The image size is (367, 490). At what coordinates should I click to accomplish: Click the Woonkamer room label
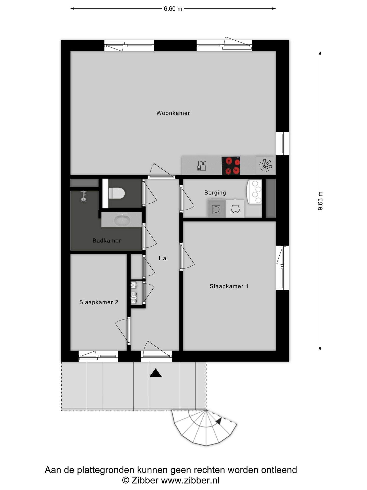pos(173,113)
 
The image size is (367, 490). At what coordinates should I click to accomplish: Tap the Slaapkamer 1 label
pos(229,286)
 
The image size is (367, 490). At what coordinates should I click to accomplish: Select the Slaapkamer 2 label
pos(99,302)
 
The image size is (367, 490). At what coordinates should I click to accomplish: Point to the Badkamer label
pos(107,240)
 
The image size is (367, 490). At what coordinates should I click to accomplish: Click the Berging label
pos(215,193)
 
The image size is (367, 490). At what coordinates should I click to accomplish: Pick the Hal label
pos(163,258)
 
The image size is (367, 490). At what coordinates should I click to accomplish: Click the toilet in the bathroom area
pos(116,193)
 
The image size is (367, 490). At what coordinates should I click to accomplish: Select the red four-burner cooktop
pos(231,166)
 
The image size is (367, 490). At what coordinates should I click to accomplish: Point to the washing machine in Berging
pos(216,209)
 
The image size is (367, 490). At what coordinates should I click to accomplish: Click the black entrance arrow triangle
pos(155,373)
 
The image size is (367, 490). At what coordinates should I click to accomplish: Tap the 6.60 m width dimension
pos(173,9)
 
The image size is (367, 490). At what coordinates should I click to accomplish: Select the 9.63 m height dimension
pos(320,201)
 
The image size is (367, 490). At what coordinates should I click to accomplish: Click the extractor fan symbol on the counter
pos(266,165)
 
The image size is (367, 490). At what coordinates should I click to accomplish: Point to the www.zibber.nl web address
pos(190,480)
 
